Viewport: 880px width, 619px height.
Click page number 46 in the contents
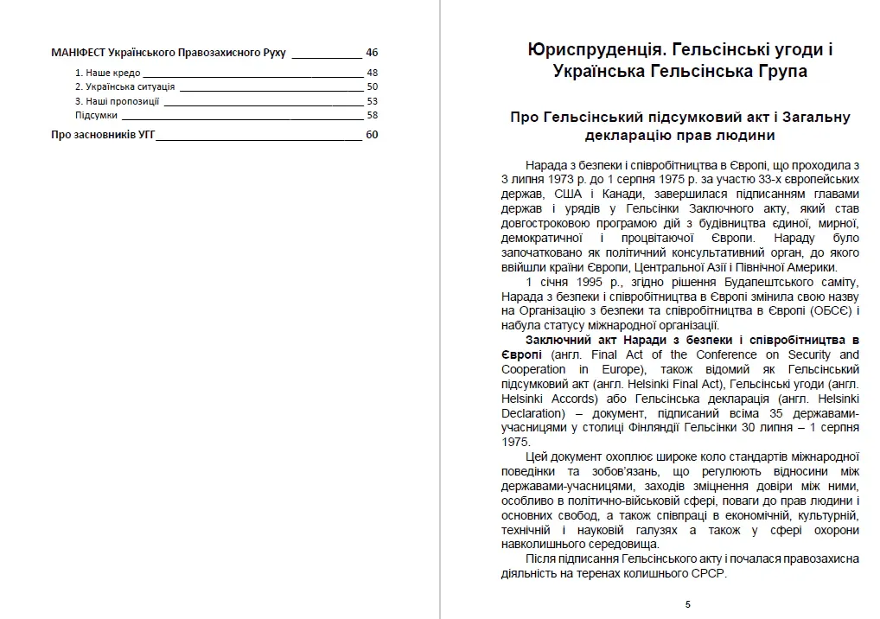pyautogui.click(x=372, y=52)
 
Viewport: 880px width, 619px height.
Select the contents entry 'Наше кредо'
pyautogui.click(x=108, y=73)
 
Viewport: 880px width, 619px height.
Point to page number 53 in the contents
pyautogui.click(x=372, y=101)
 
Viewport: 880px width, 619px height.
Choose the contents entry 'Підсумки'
pyautogui.click(x=96, y=115)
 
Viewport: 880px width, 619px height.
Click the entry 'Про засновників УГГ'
pyautogui.click(x=103, y=134)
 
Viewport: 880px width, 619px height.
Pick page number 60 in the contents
pyautogui.click(x=372, y=134)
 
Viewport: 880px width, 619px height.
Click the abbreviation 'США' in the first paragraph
pyautogui.click(x=562, y=194)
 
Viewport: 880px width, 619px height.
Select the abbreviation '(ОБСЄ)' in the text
pyautogui.click(x=829, y=310)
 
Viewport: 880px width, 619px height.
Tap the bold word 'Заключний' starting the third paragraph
pyautogui.click(x=557, y=340)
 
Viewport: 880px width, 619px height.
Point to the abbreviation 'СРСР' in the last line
pyautogui.click(x=711, y=574)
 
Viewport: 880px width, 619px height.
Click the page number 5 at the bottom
pyautogui.click(x=688, y=604)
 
